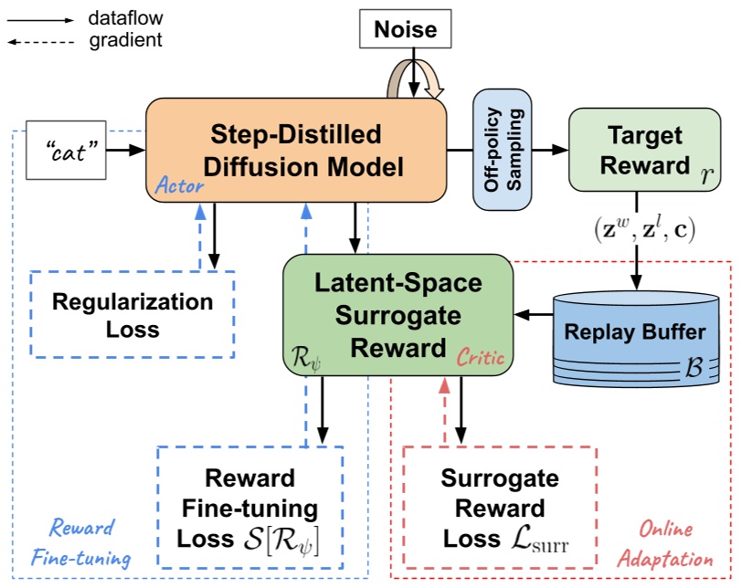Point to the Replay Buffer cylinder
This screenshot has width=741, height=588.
[634, 331]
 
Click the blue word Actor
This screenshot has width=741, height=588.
[178, 186]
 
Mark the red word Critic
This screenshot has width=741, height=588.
[480, 357]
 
